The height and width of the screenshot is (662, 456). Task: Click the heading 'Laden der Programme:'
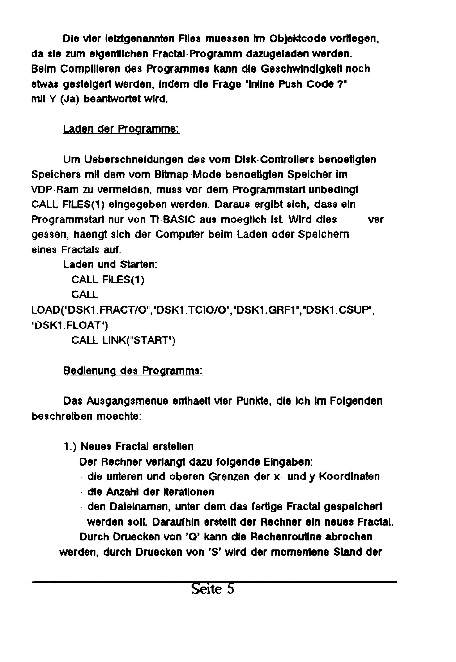click(121, 129)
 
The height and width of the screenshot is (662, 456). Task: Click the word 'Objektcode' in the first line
click(298, 39)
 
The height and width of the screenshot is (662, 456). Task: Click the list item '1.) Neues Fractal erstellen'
click(128, 446)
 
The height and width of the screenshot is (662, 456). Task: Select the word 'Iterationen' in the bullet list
click(189, 492)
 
